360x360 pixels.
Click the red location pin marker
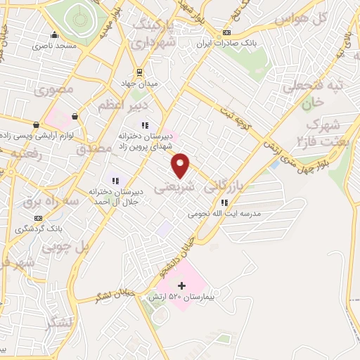pos(181,165)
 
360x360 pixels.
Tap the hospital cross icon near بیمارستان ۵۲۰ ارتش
pos(181,285)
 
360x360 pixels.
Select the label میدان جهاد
pos(140,82)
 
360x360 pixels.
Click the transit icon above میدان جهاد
pos(139,72)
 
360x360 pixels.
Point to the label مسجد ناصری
pos(53,46)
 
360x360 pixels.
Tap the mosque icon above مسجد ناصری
pos(53,35)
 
